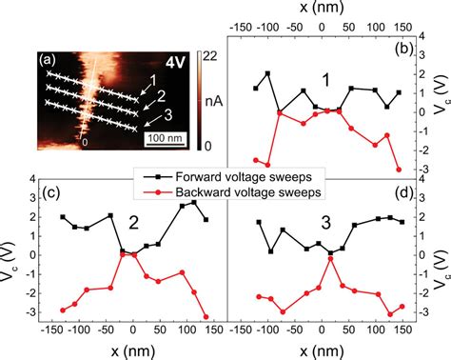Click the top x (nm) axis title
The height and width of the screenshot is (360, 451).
click(x=321, y=9)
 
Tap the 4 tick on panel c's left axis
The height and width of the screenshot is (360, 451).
click(x=32, y=179)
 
